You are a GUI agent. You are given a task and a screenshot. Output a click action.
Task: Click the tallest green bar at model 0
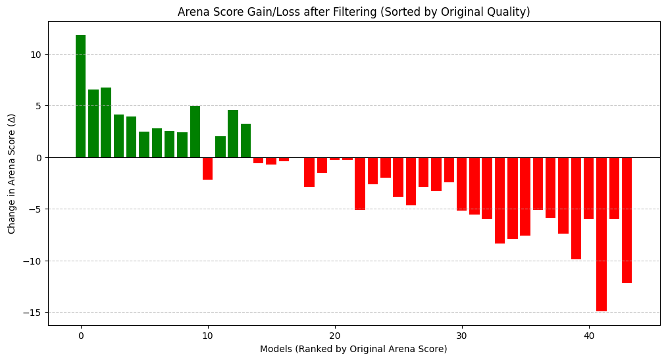pos(80,96)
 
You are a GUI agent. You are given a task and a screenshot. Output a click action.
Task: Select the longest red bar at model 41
pos(601,234)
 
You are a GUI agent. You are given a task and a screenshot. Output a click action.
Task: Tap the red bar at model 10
pos(207,168)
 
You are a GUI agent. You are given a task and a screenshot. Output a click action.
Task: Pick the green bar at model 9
pos(195,132)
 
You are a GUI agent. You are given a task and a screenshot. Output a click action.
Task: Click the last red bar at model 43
pos(627,220)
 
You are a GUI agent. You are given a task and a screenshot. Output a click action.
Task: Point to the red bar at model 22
pos(360,184)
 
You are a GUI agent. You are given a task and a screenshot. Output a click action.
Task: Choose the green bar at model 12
pos(233,134)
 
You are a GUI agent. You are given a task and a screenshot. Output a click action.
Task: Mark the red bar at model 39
pos(576,208)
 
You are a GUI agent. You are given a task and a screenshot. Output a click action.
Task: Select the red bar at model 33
pos(499,200)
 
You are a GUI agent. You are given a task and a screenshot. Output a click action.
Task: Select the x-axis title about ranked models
pos(353,349)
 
